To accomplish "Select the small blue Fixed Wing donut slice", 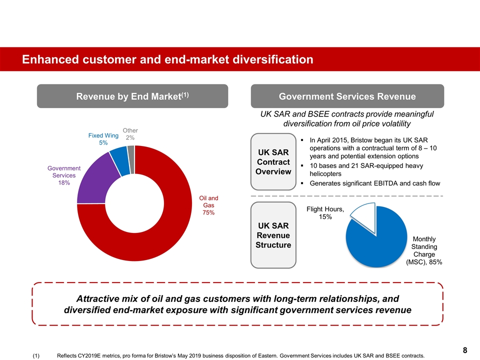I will point(118,161).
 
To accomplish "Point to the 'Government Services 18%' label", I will point(64,175).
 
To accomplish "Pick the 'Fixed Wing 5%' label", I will point(103,139).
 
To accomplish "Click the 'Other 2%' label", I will point(130,134).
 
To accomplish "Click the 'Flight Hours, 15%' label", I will point(325,213).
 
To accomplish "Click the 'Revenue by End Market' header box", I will point(132,96).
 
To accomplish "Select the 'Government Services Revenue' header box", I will point(347,96).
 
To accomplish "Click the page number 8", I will point(464,350).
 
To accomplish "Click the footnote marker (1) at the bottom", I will point(36,355).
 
